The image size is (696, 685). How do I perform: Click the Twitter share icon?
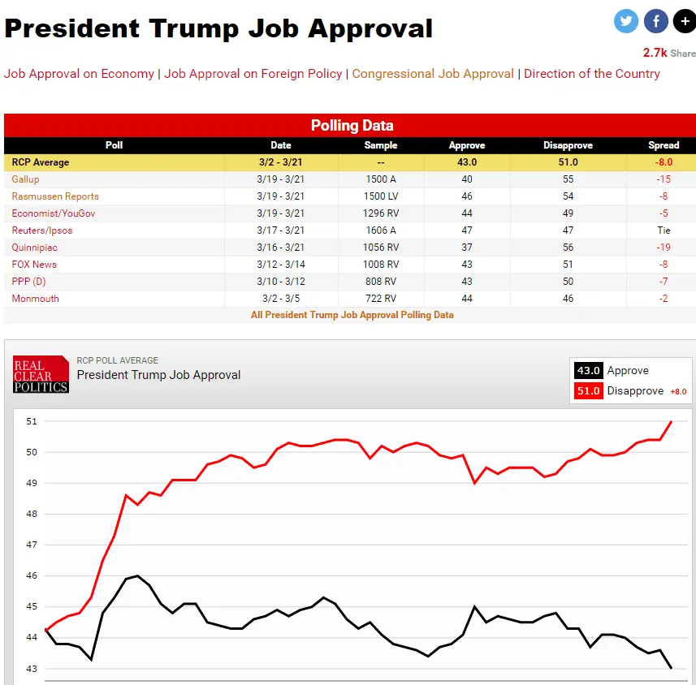pos(626,21)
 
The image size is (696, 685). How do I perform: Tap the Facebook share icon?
pos(655,21)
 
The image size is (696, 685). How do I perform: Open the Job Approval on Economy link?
pos(79,74)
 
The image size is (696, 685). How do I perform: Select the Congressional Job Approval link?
pos(433,74)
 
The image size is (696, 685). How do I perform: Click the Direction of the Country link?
pos(591,74)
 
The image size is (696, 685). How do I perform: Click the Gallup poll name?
pos(25,179)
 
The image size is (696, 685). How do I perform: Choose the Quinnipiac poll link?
pos(34,248)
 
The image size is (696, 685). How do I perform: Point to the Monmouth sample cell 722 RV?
pos(381,299)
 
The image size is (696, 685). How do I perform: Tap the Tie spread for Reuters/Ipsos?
pos(664,230)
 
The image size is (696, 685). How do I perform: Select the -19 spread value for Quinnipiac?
pos(664,248)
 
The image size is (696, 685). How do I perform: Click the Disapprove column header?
pos(568,145)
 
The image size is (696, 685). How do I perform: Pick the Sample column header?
pos(381,145)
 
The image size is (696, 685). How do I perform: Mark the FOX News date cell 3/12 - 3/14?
pos(281,265)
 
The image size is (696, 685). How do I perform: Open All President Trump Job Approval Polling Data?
pos(352,315)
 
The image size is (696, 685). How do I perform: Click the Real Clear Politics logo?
pos(41,374)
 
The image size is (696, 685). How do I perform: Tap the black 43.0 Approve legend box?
pos(587,371)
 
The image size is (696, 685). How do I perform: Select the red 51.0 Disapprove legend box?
pos(587,391)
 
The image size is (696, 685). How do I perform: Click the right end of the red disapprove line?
pos(671,421)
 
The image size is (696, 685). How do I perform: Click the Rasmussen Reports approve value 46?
pos(466,196)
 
